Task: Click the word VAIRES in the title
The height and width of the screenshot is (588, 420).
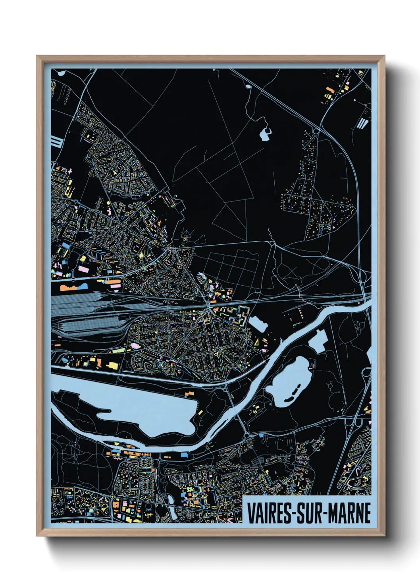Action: [x=269, y=513]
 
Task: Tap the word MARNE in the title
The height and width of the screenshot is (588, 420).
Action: [x=349, y=513]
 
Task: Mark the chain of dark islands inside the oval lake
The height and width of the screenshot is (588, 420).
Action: [x=294, y=394]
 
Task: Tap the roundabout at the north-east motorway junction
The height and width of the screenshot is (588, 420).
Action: [x=316, y=130]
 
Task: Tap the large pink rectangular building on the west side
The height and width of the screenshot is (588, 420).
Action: [x=83, y=269]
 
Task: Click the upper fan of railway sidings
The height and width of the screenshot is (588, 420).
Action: [x=75, y=302]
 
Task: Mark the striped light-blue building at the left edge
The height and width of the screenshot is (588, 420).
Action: [x=57, y=141]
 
